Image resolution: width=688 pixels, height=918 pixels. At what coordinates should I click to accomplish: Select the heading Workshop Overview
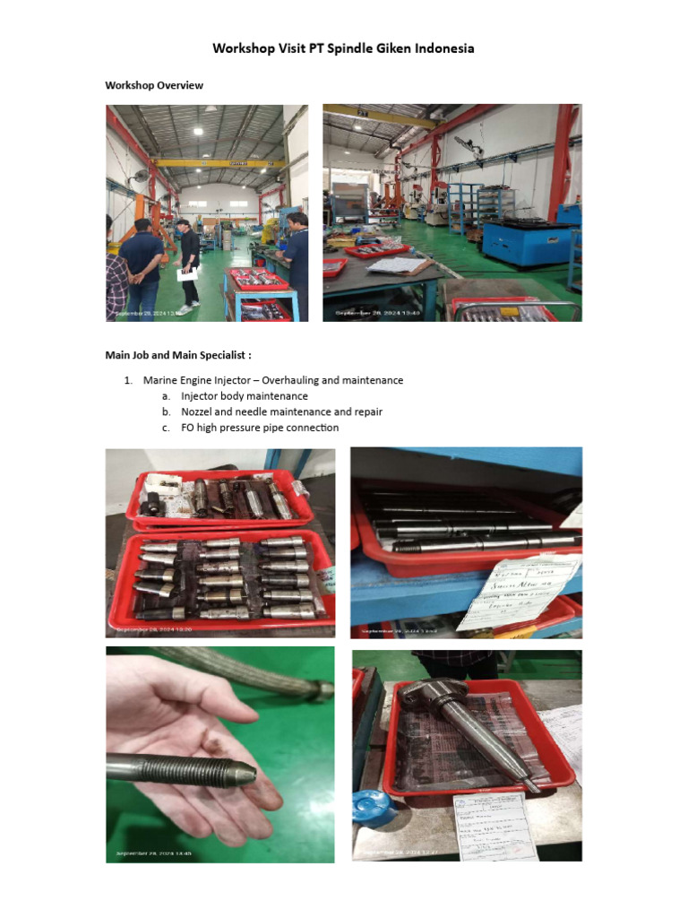[154, 85]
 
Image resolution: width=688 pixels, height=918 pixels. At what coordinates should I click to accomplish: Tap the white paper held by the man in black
[187, 274]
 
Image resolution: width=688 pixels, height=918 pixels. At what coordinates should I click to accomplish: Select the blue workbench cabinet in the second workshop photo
[519, 238]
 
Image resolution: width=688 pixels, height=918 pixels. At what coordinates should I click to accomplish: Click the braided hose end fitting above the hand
[315, 688]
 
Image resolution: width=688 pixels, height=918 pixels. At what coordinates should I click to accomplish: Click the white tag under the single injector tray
[494, 825]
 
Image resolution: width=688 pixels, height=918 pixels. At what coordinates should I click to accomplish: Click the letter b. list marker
[166, 411]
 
